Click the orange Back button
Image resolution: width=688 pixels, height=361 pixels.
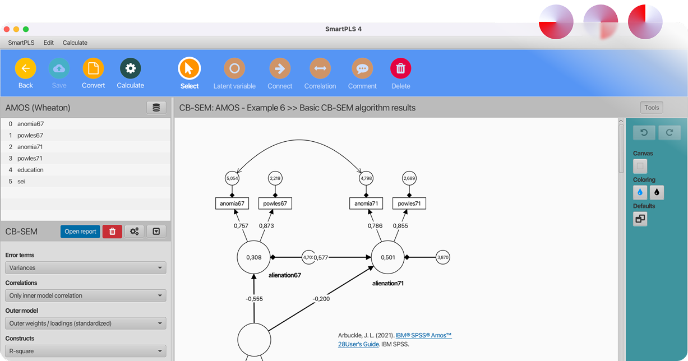[25, 68]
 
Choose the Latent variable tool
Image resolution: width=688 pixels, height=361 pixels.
[234, 68]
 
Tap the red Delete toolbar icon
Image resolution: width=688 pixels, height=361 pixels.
[400, 68]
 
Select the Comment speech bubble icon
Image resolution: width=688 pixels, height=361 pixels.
[362, 68]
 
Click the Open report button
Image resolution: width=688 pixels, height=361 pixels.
[80, 232]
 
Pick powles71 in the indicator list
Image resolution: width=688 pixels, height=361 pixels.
[30, 159]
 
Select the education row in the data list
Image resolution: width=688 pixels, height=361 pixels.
[30, 170]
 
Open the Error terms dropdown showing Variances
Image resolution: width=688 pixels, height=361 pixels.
[86, 268]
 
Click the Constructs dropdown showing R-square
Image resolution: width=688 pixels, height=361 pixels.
[86, 351]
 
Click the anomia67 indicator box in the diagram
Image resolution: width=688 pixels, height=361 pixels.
[232, 203]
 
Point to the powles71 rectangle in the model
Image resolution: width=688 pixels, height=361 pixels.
[409, 203]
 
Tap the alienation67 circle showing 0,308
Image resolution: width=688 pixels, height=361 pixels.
[253, 257]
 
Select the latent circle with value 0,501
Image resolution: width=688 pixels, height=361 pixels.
[387, 257]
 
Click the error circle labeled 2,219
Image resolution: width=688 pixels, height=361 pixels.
[275, 178]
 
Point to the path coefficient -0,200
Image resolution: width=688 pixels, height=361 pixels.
[321, 299]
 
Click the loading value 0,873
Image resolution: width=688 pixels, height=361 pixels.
[266, 225]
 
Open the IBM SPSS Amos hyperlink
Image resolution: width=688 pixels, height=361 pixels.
[395, 340]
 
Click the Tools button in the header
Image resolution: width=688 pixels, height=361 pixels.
[652, 108]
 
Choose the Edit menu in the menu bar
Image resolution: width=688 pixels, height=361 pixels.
[49, 43]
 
